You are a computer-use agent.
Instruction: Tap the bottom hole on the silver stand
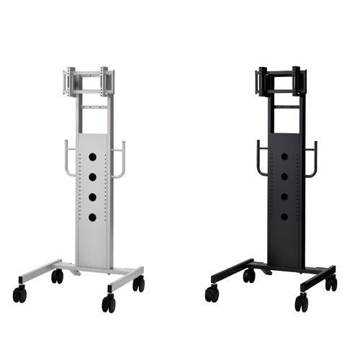(x=92, y=217)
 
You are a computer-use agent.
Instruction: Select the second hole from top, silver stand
(x=92, y=176)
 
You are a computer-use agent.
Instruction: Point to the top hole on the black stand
(x=284, y=156)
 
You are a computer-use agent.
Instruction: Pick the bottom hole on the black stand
(x=284, y=217)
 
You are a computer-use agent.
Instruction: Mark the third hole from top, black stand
(x=284, y=197)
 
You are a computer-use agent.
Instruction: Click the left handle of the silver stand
(x=68, y=158)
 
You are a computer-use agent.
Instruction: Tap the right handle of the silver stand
(x=120, y=159)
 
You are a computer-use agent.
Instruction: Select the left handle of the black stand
(x=261, y=158)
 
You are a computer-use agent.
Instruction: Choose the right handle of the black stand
(x=312, y=159)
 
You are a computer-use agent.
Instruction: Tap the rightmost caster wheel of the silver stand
(x=138, y=284)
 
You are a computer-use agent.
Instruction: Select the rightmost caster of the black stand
(x=330, y=284)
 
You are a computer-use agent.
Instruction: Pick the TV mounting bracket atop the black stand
(x=281, y=81)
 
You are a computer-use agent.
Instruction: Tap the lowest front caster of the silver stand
(x=108, y=304)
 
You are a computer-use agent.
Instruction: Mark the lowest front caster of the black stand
(x=300, y=304)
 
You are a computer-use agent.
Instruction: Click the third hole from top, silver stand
(x=92, y=197)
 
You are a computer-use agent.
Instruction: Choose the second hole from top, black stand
(x=284, y=176)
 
